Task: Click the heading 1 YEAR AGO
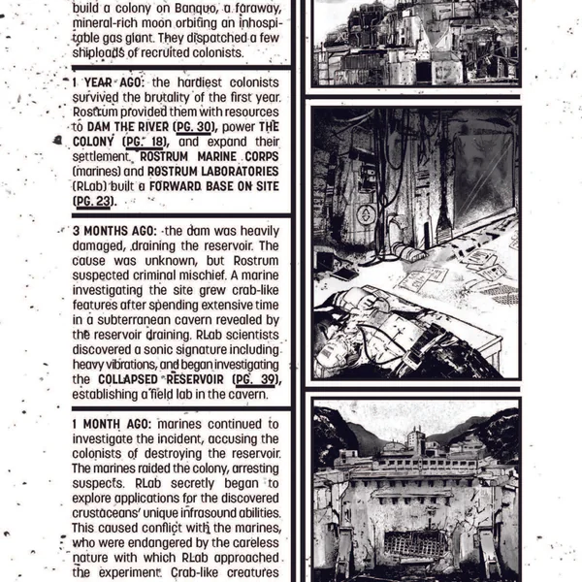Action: point(108,83)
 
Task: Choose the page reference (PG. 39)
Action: point(256,378)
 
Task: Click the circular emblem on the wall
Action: point(366,215)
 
